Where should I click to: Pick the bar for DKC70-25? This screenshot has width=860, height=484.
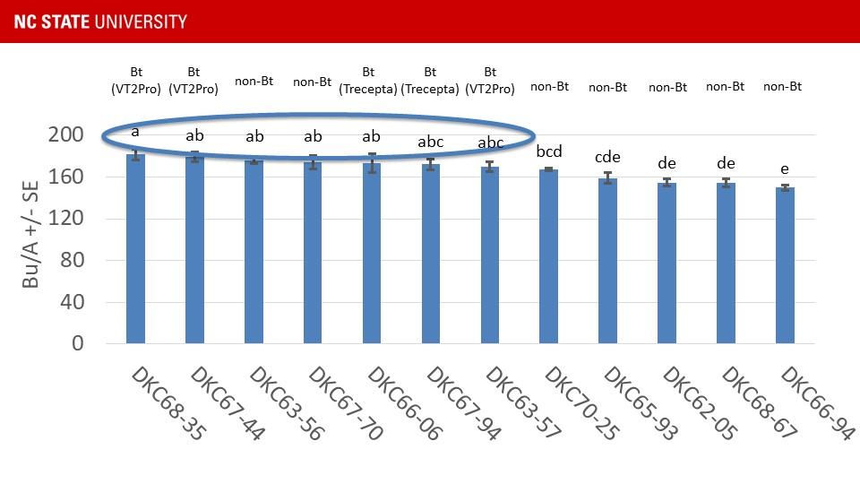click(549, 256)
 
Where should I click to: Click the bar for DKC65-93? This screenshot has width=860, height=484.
click(607, 261)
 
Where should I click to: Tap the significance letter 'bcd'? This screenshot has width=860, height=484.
click(549, 151)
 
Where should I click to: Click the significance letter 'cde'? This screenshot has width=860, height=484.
click(607, 158)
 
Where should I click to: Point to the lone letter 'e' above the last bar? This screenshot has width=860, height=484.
click(785, 169)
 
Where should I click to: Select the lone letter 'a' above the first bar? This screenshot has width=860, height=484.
click(135, 132)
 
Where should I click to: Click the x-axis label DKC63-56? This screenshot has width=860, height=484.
click(285, 402)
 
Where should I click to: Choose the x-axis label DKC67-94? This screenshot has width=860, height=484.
click(462, 402)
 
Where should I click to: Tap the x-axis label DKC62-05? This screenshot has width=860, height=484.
click(700, 402)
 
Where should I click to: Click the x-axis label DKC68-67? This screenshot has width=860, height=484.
click(759, 402)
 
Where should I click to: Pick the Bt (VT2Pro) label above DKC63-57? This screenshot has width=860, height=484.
click(490, 80)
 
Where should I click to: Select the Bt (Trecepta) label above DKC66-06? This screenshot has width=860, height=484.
click(368, 80)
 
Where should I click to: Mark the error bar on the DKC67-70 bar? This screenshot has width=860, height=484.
click(313, 162)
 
